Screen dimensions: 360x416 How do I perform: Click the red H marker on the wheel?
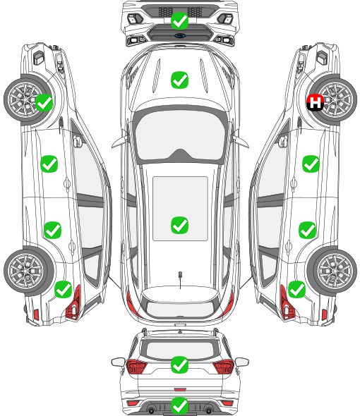(315, 102)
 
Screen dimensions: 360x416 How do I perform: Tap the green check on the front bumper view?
(179, 21)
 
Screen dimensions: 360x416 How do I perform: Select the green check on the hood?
(179, 80)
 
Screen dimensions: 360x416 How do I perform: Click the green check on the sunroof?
(179, 225)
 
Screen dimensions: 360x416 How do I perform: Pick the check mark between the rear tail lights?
(179, 365)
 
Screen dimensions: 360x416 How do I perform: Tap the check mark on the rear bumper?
(179, 405)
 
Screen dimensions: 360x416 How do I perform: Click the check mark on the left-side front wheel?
(44, 102)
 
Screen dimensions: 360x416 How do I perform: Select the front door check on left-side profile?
(49, 164)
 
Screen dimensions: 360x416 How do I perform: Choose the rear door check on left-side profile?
(53, 230)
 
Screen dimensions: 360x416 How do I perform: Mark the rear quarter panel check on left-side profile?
(64, 290)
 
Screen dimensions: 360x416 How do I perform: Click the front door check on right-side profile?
(311, 164)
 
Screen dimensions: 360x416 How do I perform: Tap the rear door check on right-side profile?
(307, 230)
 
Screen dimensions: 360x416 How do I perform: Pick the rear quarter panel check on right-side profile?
(296, 290)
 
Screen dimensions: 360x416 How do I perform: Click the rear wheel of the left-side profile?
(26, 271)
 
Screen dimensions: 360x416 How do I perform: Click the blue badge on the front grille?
(180, 35)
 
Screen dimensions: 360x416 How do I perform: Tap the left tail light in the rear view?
(136, 367)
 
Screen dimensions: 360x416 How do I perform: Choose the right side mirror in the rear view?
(241, 362)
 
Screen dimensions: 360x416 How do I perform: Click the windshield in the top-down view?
(179, 135)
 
